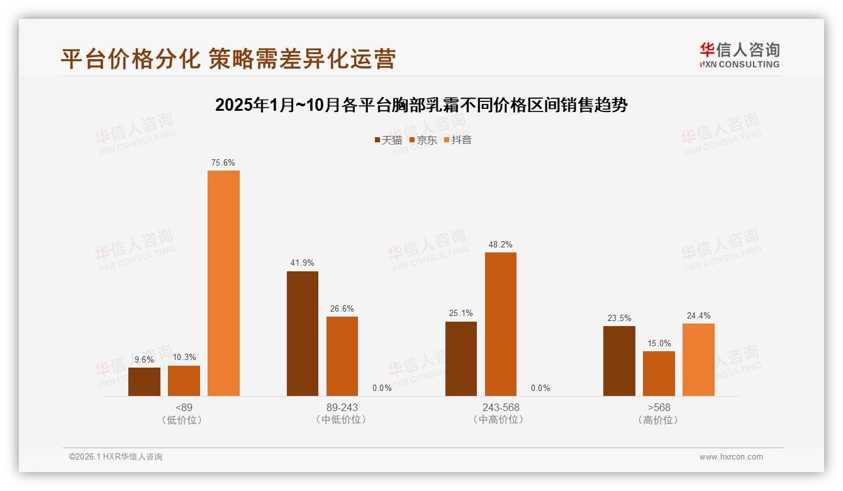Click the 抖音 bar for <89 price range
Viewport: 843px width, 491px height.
click(x=223, y=283)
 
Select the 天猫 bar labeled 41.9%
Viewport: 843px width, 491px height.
click(x=303, y=334)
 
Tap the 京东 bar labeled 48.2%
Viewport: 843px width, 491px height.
click(x=501, y=324)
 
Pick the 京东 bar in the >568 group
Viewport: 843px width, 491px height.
click(x=659, y=373)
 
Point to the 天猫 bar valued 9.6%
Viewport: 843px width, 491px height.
click(x=144, y=381)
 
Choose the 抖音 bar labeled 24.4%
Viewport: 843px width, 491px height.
click(x=698, y=359)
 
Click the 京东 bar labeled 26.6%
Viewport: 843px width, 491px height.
click(x=342, y=356)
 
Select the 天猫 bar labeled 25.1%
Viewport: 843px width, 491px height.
click(x=461, y=359)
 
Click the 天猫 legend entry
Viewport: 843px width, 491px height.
click(x=388, y=140)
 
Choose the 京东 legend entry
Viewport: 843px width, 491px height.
click(x=423, y=140)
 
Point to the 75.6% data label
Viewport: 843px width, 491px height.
click(x=223, y=163)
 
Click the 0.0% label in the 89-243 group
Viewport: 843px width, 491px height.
click(x=382, y=388)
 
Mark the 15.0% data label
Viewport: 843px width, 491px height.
click(x=659, y=344)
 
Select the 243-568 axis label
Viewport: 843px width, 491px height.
click(x=501, y=407)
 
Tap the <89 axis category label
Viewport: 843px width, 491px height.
click(x=184, y=407)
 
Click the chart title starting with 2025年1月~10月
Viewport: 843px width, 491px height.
click(x=421, y=104)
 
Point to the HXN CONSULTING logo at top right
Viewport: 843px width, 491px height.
click(x=740, y=55)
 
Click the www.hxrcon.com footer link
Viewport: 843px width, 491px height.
click(x=731, y=457)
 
